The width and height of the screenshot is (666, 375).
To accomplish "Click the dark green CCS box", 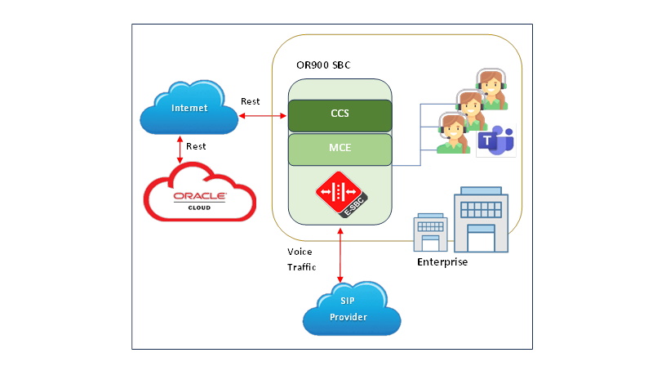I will click(x=340, y=114).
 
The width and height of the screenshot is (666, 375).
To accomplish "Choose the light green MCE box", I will click(x=340, y=149).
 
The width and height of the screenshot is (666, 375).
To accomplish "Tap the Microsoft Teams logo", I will click(x=495, y=141).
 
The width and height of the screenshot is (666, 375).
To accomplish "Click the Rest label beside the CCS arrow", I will click(x=251, y=101).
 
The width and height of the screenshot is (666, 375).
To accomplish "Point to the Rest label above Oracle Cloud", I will click(x=196, y=147).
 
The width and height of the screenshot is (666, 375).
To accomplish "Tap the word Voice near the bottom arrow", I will click(x=300, y=252).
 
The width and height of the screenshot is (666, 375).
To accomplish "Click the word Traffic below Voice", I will click(x=301, y=267).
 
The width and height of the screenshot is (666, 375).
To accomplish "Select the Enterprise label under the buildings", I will click(x=442, y=262).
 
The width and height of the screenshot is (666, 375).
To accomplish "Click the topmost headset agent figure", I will click(x=491, y=88).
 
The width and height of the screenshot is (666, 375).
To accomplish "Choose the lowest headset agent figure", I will click(x=451, y=133).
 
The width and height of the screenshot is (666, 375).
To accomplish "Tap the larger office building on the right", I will click(x=481, y=218).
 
